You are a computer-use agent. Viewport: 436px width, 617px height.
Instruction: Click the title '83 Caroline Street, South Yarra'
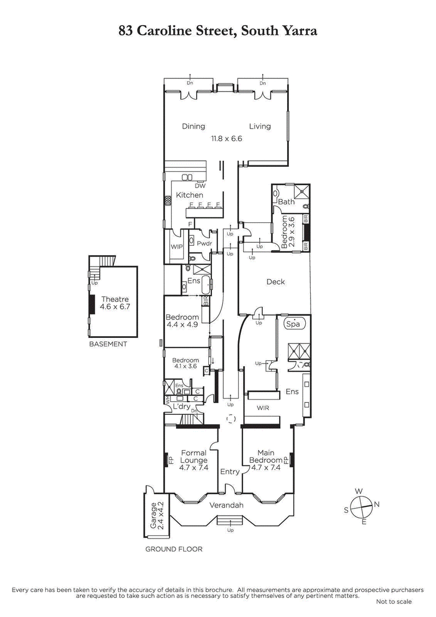point(218,31)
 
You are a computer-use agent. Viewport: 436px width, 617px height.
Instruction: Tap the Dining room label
point(193,126)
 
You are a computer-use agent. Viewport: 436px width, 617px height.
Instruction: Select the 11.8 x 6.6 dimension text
point(226,139)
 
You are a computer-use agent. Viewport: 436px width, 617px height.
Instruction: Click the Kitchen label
point(189,195)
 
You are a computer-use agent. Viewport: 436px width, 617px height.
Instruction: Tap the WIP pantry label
point(177,247)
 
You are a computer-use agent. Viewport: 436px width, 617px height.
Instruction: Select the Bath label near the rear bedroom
point(286,202)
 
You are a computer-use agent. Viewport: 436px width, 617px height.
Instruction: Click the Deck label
point(275,282)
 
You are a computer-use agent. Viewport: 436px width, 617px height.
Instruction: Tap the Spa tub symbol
point(294,323)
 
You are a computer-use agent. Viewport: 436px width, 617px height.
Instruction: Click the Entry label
point(229,471)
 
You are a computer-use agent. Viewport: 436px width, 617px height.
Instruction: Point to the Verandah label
point(226,505)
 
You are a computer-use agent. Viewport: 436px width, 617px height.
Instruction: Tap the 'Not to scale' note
point(393,602)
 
